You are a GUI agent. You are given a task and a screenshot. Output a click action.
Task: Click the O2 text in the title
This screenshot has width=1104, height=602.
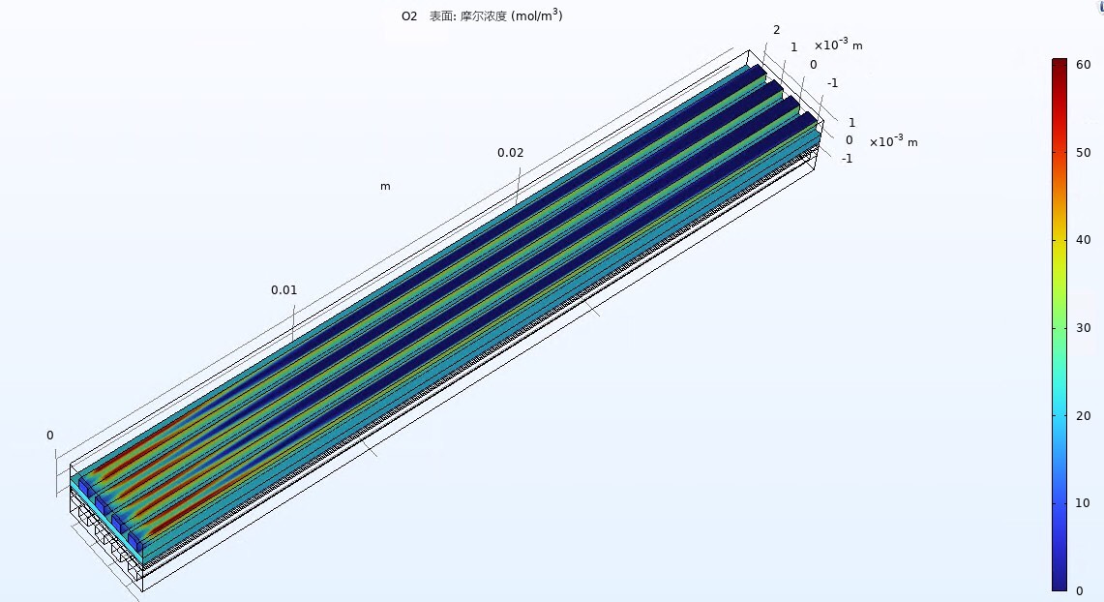click(409, 16)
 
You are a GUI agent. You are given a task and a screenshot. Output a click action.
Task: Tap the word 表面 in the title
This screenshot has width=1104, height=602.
click(441, 16)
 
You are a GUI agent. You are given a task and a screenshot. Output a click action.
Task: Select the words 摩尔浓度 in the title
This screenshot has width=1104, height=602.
click(483, 16)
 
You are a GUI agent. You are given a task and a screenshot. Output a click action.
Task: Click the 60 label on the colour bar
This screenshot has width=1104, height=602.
click(1084, 65)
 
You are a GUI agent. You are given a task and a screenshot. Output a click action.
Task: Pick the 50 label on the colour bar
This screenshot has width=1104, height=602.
click(1084, 153)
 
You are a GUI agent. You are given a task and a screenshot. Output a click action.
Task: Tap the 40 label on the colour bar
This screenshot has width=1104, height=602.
click(1084, 240)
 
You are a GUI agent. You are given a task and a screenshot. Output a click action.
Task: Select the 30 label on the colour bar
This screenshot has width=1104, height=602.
click(1084, 328)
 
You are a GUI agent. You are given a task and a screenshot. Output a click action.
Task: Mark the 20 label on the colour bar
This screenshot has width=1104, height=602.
click(1084, 416)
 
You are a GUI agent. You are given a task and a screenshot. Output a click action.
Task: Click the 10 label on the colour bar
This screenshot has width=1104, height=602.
click(1084, 503)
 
